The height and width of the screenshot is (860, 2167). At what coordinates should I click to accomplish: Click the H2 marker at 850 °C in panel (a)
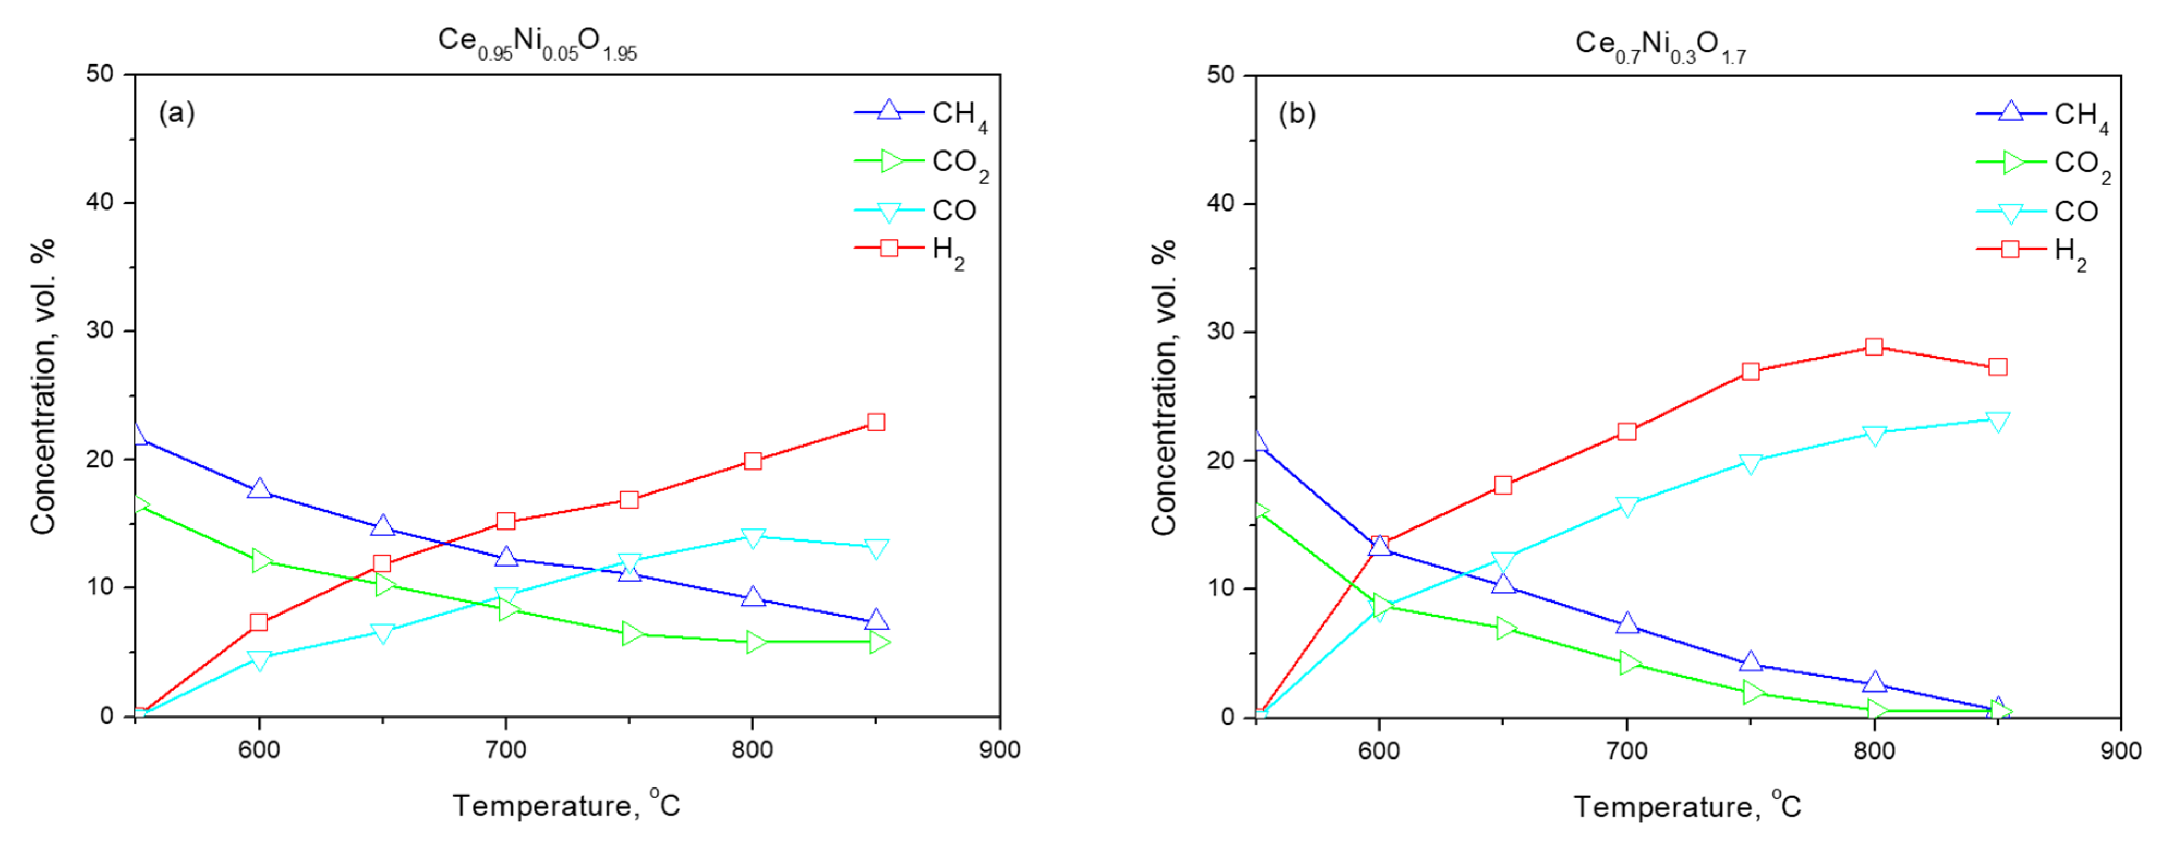[876, 422]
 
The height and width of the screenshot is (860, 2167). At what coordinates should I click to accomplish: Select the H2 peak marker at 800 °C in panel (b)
[1873, 347]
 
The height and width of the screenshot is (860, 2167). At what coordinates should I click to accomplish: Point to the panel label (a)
[177, 112]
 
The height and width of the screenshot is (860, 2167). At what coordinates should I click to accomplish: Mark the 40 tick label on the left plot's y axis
[99, 202]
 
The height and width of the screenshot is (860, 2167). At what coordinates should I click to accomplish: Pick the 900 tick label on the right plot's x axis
[2120, 750]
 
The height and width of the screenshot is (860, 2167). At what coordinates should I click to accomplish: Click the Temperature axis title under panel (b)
[1687, 806]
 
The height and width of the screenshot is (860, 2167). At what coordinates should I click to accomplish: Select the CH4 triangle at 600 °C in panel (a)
[259, 489]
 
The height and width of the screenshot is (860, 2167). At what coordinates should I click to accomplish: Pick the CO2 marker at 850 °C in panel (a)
[877, 643]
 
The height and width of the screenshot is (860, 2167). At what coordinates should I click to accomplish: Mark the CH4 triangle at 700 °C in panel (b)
[1627, 623]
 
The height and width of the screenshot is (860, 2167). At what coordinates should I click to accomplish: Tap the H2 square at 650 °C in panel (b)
[1503, 485]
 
